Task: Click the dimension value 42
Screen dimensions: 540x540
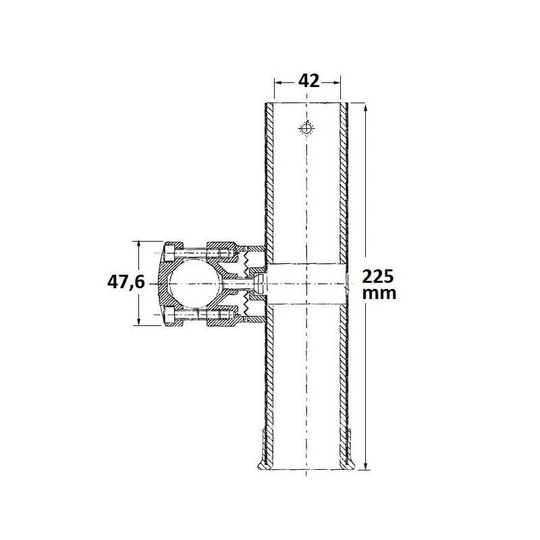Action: click(x=309, y=81)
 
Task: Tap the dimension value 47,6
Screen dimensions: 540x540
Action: click(x=126, y=282)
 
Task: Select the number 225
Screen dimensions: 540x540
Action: click(x=378, y=277)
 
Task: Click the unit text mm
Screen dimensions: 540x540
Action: click(x=379, y=293)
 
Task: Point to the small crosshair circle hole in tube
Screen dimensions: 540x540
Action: click(x=306, y=128)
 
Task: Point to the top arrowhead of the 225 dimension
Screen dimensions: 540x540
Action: click(x=366, y=108)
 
